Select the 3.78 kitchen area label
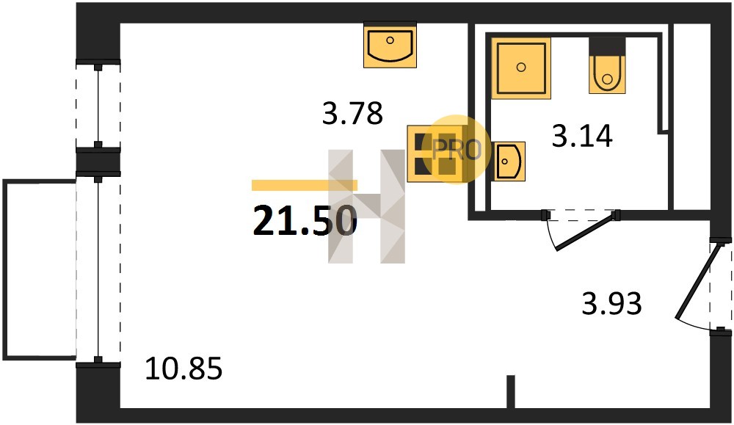pos(352,113)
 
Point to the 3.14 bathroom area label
pos(582,137)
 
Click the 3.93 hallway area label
pos(611,303)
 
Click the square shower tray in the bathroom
pos(521,68)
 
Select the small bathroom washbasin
pos(508,161)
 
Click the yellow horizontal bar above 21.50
pos(305,186)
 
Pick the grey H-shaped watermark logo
pos(366,206)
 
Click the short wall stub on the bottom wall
pos(510,392)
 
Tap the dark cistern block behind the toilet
pos(607,47)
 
